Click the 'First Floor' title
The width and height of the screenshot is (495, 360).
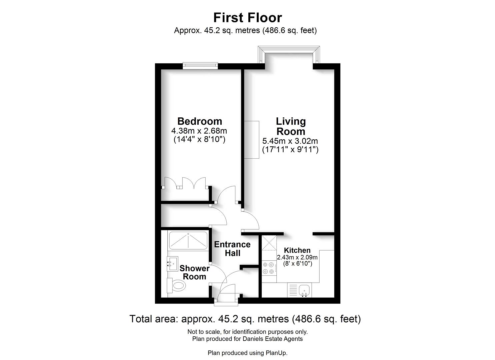pos(247,17)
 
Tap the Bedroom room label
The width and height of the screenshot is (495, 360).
pos(199,121)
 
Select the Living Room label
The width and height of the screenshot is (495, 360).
pos(291,126)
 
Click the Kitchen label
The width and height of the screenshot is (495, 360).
pos(297,250)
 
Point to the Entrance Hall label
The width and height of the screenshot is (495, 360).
pos(232,249)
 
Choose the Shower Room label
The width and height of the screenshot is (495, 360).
pos(195,272)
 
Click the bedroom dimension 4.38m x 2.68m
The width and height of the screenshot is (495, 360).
pos(199,131)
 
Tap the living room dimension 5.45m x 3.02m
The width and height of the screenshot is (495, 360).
pos(290,141)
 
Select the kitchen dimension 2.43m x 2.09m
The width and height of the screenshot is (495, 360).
pos(297,257)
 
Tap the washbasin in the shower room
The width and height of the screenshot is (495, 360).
pos(173,264)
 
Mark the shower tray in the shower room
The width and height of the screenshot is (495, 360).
pos(188,240)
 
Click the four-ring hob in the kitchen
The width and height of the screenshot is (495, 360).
pos(269,268)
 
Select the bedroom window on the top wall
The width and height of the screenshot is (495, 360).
pos(200,66)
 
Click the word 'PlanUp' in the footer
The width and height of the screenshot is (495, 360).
pos(276,353)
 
